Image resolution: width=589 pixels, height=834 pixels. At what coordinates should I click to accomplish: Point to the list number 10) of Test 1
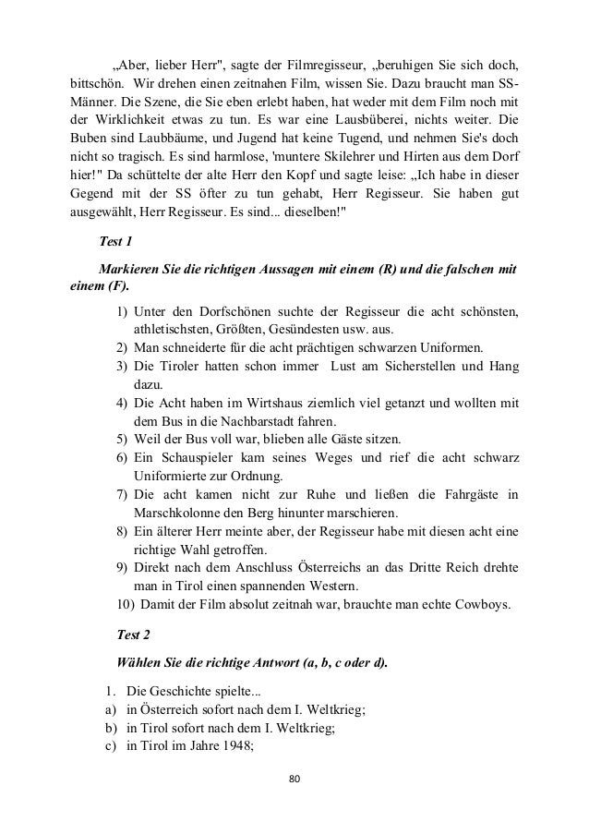point(124,604)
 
